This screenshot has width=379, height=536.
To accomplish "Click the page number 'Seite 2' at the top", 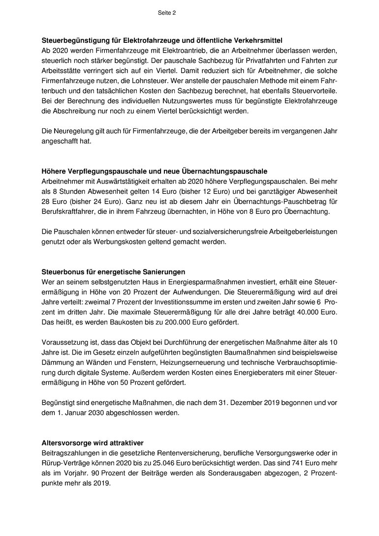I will coord(166,13).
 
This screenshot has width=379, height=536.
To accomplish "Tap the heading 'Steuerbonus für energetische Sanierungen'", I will coord(113,271).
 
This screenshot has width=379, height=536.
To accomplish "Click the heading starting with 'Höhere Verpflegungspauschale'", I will coord(155,171).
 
